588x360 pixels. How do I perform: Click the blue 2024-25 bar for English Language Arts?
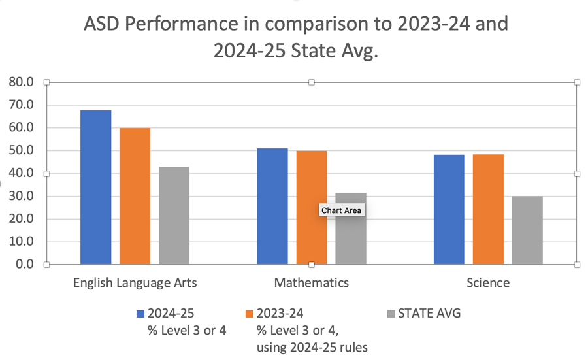pyautogui.click(x=95, y=188)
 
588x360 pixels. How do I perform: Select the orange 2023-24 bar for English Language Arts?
pyautogui.click(x=135, y=196)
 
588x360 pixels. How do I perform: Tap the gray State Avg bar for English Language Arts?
pyautogui.click(x=174, y=216)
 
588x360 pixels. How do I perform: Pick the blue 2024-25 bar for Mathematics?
pyautogui.click(x=272, y=206)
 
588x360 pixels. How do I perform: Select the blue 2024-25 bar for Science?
pyautogui.click(x=449, y=209)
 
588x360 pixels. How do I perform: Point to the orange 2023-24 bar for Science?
pyautogui.click(x=488, y=209)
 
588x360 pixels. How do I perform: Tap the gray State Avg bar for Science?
pyautogui.click(x=527, y=230)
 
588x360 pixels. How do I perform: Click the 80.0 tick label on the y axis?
pyautogui.click(x=21, y=82)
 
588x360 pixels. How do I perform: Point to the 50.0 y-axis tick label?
pyautogui.click(x=21, y=151)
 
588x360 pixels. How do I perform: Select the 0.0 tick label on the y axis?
pyautogui.click(x=24, y=265)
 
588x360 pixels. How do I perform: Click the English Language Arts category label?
pyautogui.click(x=135, y=283)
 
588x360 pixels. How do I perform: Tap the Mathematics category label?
pyautogui.click(x=312, y=283)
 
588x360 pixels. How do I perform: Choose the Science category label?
pyautogui.click(x=488, y=283)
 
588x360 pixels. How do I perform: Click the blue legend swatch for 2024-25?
pyautogui.click(x=140, y=314)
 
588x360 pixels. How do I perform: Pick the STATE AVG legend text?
pyautogui.click(x=429, y=314)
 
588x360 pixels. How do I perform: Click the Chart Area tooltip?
pyautogui.click(x=341, y=210)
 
